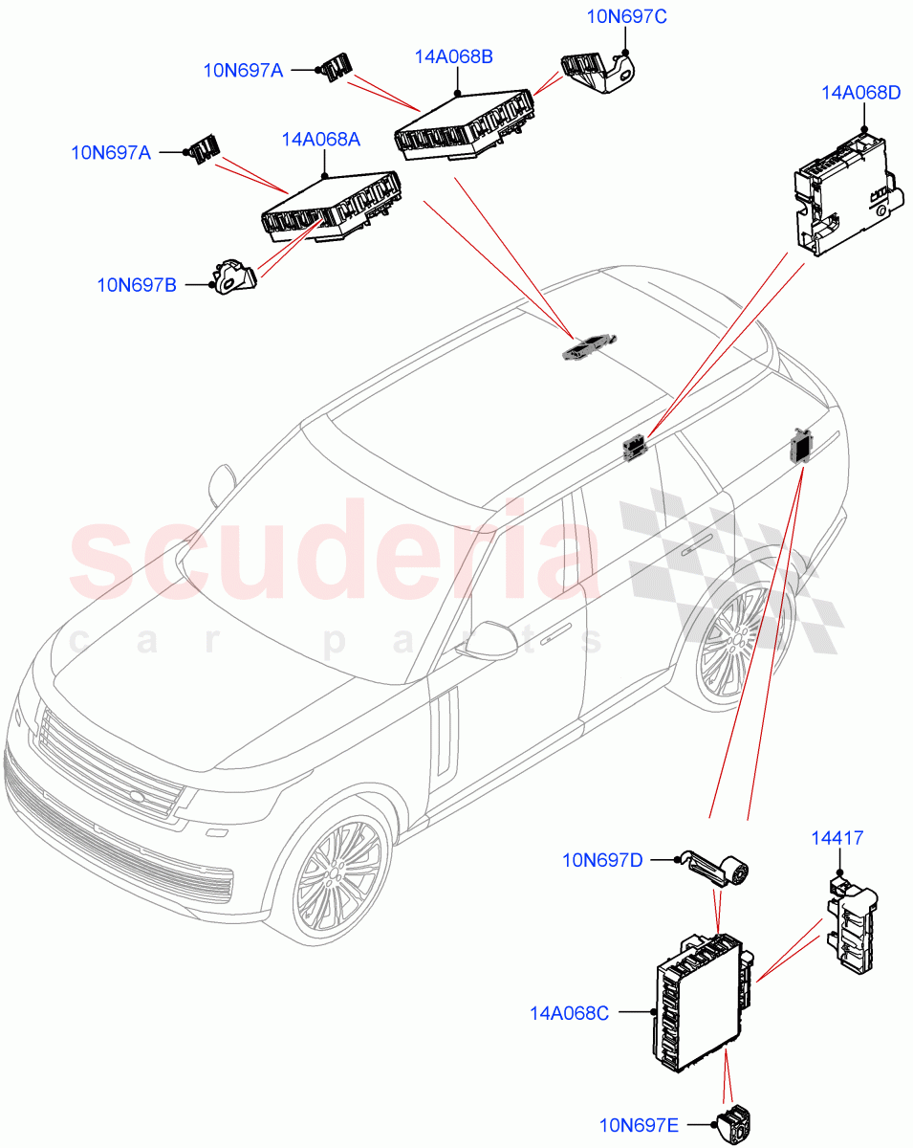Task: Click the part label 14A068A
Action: (x=320, y=140)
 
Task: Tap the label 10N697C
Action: (x=626, y=15)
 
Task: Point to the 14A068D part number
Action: (x=860, y=93)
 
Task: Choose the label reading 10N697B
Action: (x=137, y=284)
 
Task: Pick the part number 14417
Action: (x=838, y=838)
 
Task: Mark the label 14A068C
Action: (x=569, y=1011)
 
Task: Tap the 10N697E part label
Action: (x=640, y=1126)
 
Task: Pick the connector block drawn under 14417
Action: (x=851, y=927)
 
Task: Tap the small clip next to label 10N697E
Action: (x=734, y=1124)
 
